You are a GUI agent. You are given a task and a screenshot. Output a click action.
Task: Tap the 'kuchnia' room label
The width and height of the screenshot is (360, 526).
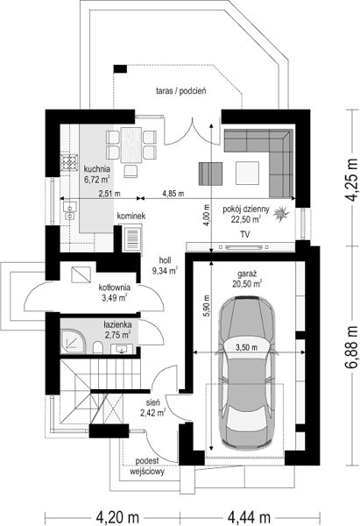[97, 168]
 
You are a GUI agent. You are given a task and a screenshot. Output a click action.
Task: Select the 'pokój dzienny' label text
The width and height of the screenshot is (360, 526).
[246, 210]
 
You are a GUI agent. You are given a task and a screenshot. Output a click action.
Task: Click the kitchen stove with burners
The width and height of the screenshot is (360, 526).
[69, 162]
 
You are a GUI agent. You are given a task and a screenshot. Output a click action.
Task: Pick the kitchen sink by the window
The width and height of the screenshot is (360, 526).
[69, 211]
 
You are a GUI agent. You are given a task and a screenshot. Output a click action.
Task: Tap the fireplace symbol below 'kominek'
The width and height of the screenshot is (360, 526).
[132, 238]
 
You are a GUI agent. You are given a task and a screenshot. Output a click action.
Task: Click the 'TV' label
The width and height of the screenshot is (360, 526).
[244, 234]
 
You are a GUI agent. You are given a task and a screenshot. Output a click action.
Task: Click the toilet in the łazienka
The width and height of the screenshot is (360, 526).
[97, 347]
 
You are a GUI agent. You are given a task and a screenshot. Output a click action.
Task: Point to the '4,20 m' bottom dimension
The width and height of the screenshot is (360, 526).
[117, 517]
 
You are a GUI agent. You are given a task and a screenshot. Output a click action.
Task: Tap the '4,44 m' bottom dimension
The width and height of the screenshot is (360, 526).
[249, 517]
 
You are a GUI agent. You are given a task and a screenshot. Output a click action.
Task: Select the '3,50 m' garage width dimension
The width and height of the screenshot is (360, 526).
[246, 347]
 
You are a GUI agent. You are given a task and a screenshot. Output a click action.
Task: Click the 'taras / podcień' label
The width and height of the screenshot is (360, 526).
[181, 90]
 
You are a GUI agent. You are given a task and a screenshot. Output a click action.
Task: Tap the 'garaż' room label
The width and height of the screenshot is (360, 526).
[247, 274]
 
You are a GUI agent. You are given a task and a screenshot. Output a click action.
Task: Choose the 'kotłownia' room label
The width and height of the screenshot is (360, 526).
[115, 288]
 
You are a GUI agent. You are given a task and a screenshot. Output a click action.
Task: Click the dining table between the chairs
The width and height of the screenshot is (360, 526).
[131, 146]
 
